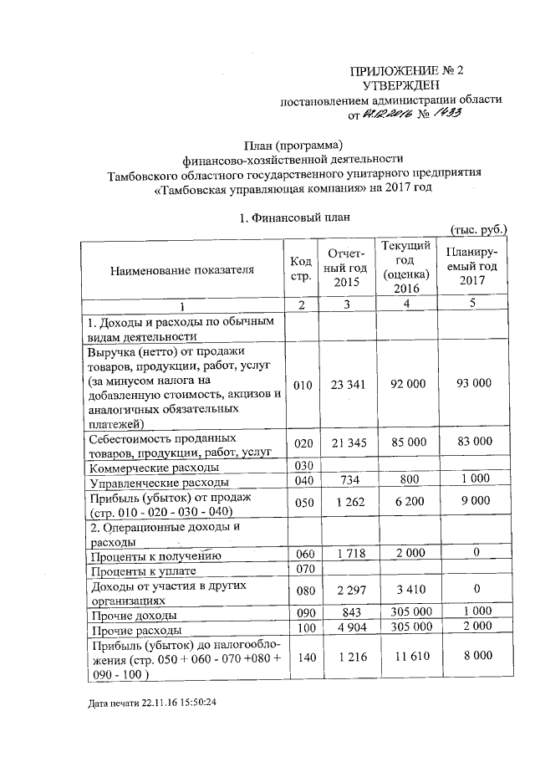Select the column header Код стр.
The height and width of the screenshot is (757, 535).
pos(302,269)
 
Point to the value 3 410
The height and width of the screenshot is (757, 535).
pos(405,591)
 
